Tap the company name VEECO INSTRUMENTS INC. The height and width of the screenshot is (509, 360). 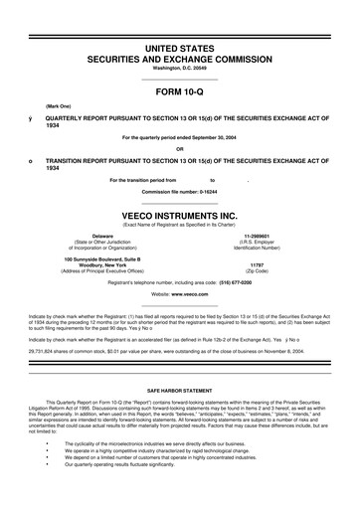[x=180, y=214]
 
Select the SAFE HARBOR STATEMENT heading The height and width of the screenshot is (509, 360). [x=180, y=392]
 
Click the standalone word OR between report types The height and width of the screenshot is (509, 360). [x=180, y=151]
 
